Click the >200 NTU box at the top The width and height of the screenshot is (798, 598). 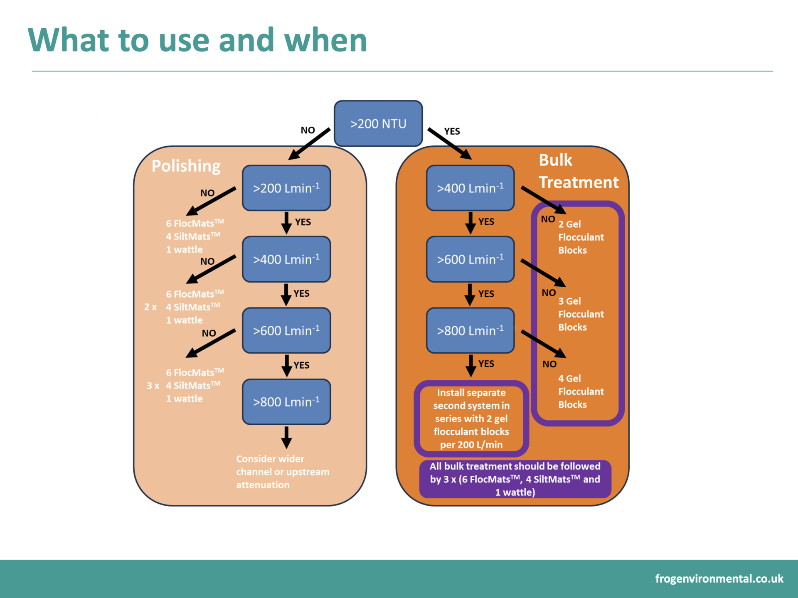pyautogui.click(x=378, y=123)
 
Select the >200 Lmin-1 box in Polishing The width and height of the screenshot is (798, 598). pyautogui.click(x=286, y=188)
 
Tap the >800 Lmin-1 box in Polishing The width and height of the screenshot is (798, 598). pyautogui.click(x=286, y=402)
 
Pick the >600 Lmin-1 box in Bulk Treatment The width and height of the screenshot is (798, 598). pyautogui.click(x=470, y=259)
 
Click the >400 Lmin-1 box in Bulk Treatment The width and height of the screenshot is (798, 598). pyautogui.click(x=470, y=188)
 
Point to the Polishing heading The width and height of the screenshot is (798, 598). pyautogui.click(x=186, y=166)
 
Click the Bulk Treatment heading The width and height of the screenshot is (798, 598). pyautogui.click(x=579, y=171)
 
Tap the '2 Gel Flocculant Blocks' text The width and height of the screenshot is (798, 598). pyautogui.click(x=581, y=237)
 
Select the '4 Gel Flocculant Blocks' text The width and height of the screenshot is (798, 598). pyautogui.click(x=581, y=391)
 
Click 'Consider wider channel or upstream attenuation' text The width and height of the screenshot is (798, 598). pyautogui.click(x=283, y=472)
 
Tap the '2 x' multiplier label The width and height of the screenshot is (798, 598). pyautogui.click(x=150, y=307)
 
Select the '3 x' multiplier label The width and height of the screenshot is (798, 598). pyautogui.click(x=153, y=386)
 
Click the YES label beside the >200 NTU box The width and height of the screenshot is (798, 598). pyautogui.click(x=452, y=131)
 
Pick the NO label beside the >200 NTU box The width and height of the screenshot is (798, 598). pyautogui.click(x=308, y=130)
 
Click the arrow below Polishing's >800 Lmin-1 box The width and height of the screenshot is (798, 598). pyautogui.click(x=286, y=437)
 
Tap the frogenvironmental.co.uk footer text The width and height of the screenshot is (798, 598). pyautogui.click(x=719, y=578)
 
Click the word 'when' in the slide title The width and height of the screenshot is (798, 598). pyautogui.click(x=325, y=40)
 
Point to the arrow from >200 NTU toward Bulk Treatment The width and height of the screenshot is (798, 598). pyautogui.click(x=450, y=144)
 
